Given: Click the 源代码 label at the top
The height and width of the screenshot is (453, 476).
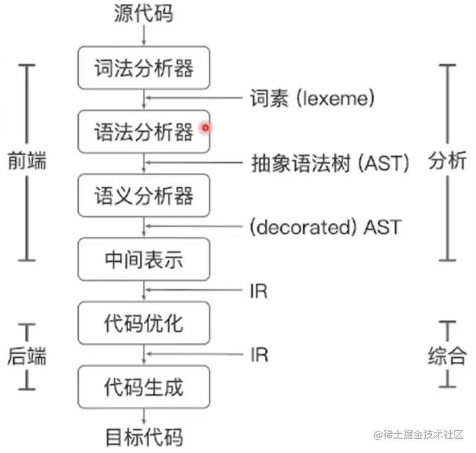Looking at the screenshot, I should pos(143,14).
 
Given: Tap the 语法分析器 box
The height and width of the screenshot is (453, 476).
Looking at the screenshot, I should pos(143,131).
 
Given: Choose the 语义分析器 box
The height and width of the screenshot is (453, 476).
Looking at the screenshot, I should pos(143,196).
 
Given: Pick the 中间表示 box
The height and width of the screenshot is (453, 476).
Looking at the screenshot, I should pos(143,260).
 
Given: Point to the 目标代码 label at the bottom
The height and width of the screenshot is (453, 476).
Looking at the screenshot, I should pos(144,438).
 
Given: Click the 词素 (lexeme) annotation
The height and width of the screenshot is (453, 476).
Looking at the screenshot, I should pos(312,98).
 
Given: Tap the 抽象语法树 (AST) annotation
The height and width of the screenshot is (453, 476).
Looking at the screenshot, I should pos(330,163).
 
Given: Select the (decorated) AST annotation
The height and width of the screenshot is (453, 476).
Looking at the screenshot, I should pos(325,227).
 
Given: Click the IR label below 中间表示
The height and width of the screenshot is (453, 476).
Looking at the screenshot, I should pos(259,291).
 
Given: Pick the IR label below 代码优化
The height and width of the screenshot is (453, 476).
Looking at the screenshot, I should pos(259,355).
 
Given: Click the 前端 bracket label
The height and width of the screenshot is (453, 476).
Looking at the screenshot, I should pos(27,161).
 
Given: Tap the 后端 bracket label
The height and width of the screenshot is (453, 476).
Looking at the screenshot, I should pos(27,356).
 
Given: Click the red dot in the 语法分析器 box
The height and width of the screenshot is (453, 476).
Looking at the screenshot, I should pos(206,127).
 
